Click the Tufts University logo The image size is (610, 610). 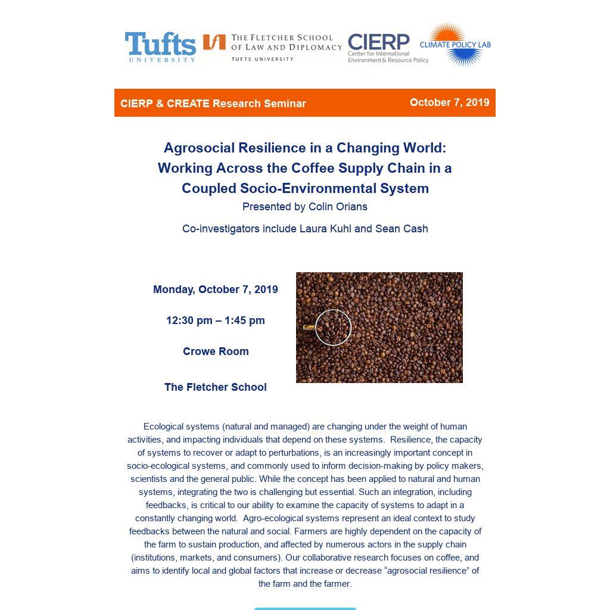coord(160,46)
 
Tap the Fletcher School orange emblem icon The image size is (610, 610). coord(214,42)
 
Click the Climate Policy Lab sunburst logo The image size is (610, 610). coord(455,44)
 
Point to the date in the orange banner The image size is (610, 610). coord(449,102)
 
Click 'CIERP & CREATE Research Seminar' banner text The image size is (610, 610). coord(213,104)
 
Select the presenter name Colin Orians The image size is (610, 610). coord(338,207)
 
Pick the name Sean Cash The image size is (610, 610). coord(402,229)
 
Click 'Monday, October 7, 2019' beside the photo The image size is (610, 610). coord(215,290)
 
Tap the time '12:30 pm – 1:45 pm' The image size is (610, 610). coord(215,320)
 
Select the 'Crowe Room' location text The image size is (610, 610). coord(215,351)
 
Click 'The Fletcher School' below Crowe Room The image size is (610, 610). coord(215,387)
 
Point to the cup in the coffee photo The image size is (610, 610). coord(333,327)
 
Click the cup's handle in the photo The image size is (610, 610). coord(309,327)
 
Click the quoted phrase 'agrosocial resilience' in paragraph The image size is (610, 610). coord(419,571)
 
